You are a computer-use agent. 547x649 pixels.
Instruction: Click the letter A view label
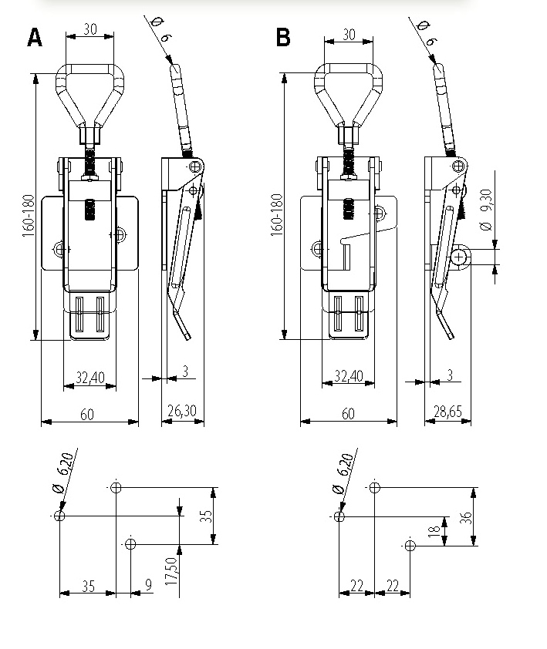tap(35, 37)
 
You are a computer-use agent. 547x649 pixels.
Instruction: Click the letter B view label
tap(283, 37)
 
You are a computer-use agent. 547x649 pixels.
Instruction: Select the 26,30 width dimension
tap(182, 411)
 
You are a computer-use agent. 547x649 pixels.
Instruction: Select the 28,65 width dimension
tap(447, 412)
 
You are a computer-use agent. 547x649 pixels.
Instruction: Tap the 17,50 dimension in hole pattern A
tap(171, 571)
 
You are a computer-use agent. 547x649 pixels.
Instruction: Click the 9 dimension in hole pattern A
tap(148, 584)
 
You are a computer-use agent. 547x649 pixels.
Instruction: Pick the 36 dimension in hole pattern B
tap(466, 517)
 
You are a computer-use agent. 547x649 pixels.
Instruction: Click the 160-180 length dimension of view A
tap(29, 215)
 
